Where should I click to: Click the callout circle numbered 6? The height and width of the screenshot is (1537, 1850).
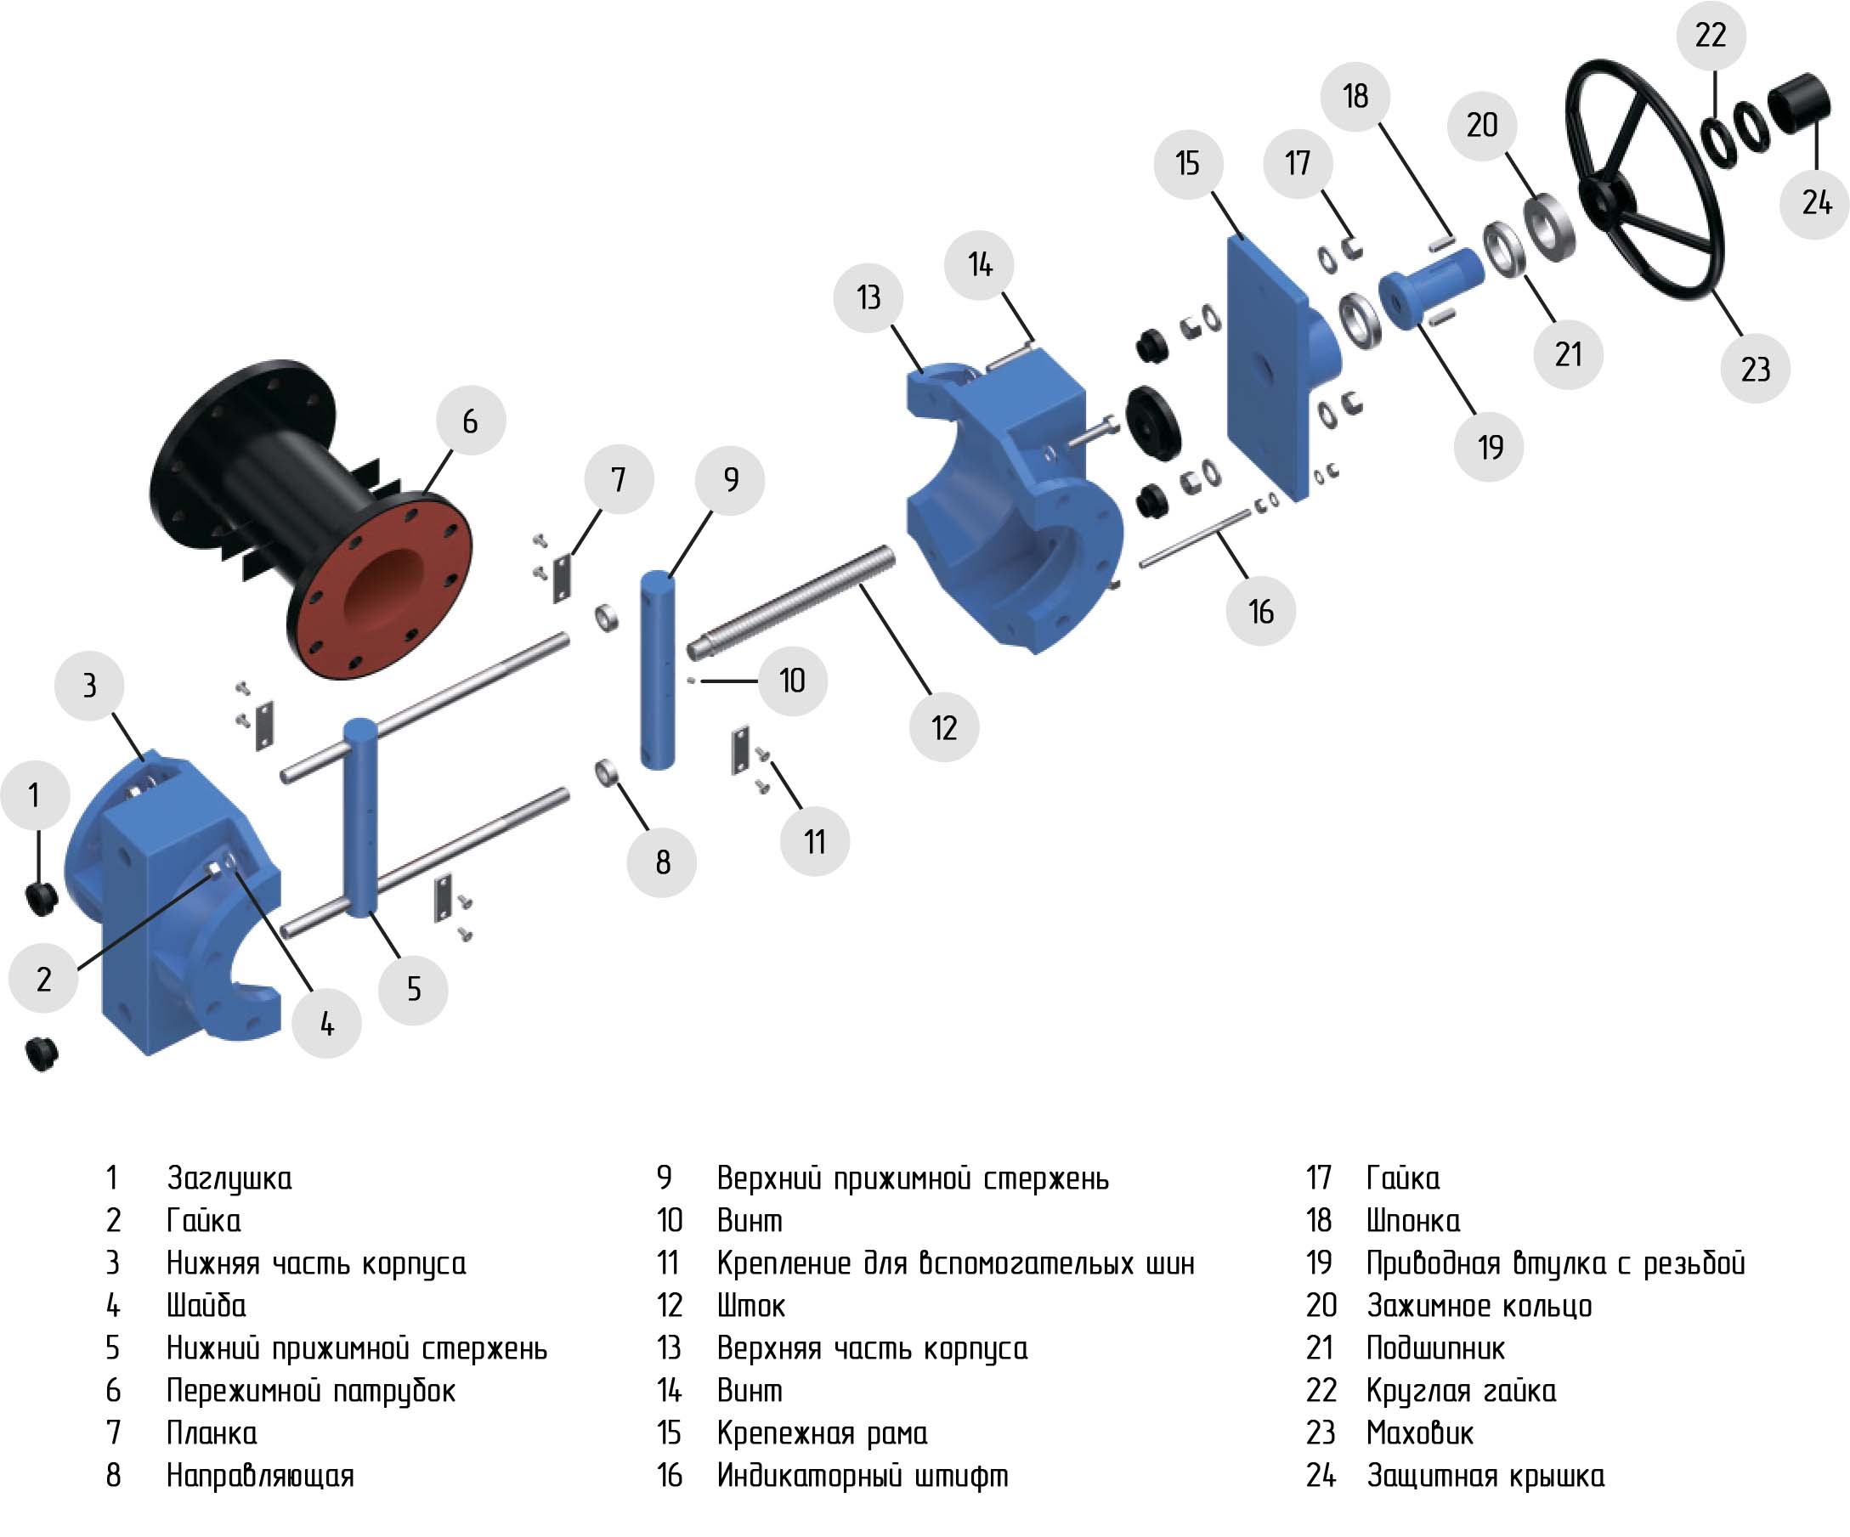(x=471, y=420)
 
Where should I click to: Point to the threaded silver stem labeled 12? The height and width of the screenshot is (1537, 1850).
(x=791, y=602)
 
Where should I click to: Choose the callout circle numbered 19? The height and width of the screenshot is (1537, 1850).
(x=1490, y=447)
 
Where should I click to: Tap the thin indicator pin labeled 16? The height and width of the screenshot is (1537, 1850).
(x=1195, y=537)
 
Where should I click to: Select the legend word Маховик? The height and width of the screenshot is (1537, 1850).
(x=1419, y=1433)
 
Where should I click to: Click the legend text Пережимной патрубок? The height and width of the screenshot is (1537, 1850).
(x=311, y=1391)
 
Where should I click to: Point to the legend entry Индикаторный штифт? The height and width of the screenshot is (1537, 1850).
(x=863, y=1475)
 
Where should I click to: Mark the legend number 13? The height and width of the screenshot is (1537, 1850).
(x=670, y=1348)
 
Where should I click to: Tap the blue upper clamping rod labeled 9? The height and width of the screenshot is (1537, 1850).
(x=657, y=670)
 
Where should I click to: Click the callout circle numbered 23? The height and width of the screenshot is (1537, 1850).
(x=1755, y=368)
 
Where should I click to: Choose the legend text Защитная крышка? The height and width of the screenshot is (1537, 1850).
(x=1485, y=1476)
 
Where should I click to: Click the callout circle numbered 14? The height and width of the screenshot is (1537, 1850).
(x=980, y=264)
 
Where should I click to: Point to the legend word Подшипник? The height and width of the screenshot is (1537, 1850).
(x=1435, y=1348)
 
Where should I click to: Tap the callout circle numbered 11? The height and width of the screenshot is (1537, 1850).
(x=815, y=841)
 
